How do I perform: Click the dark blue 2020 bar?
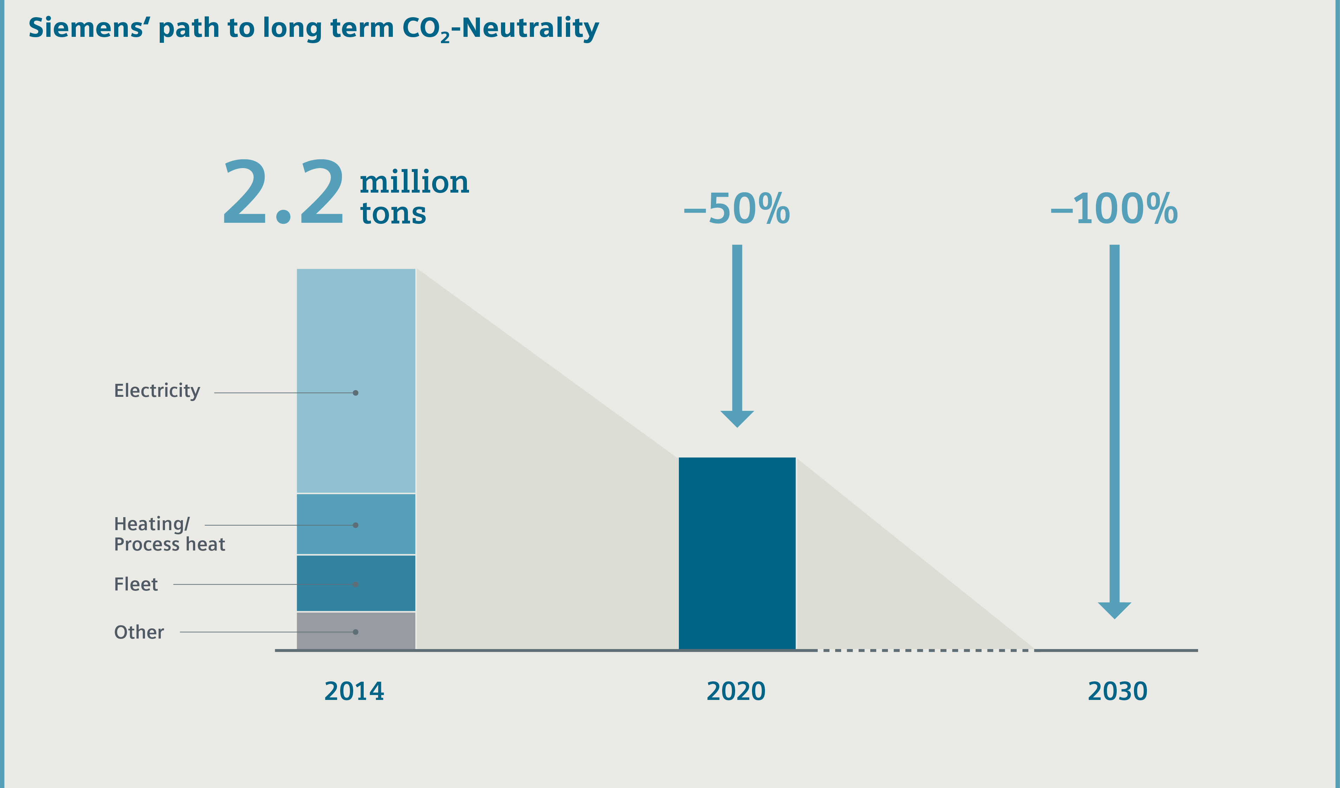point(737,553)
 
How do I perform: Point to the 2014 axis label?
point(354,691)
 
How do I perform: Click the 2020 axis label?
point(736,691)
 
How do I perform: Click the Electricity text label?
point(157,391)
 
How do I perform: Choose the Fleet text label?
point(136,585)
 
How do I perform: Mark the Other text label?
point(139,632)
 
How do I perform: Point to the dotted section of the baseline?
point(925,650)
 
